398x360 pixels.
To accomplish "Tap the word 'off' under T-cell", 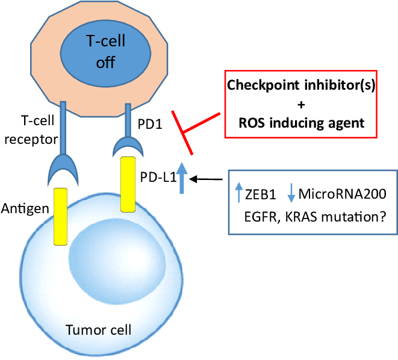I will click(105, 63).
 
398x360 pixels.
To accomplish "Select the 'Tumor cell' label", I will click(98, 330).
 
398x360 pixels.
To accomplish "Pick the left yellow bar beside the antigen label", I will click(60, 216).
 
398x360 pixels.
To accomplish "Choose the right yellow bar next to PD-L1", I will click(128, 184).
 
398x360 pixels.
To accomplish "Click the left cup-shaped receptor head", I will click(63, 169).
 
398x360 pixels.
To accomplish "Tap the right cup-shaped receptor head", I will click(128, 146).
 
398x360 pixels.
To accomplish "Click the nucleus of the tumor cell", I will click(117, 259).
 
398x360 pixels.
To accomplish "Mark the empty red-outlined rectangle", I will click(300, 104).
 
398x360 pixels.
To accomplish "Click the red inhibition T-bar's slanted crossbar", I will click(182, 133).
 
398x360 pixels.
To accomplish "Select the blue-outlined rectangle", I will click(312, 202).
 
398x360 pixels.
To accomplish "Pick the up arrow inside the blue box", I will click(239, 193).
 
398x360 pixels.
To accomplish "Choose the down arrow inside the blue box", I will click(291, 193).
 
